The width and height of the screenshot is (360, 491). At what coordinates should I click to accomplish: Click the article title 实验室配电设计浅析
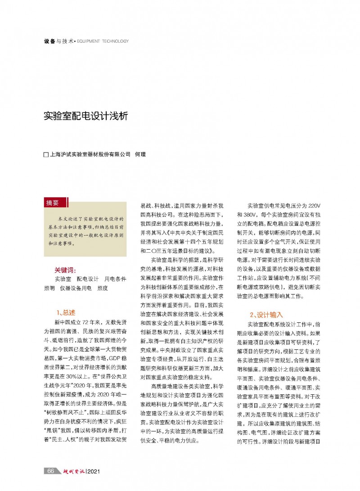[x=85, y=116]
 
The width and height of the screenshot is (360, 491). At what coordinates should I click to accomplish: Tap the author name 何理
[x=140, y=155]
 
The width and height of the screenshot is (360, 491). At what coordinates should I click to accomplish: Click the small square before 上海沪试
[x=45, y=155]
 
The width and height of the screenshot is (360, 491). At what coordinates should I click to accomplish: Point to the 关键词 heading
[x=65, y=270]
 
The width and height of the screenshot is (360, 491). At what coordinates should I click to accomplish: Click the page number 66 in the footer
[x=51, y=470]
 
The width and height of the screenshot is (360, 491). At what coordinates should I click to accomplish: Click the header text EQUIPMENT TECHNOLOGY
[x=103, y=41]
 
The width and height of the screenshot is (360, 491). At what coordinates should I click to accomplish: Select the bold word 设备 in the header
[x=49, y=41]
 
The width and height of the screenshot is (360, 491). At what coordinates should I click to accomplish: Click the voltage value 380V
[x=245, y=214]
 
